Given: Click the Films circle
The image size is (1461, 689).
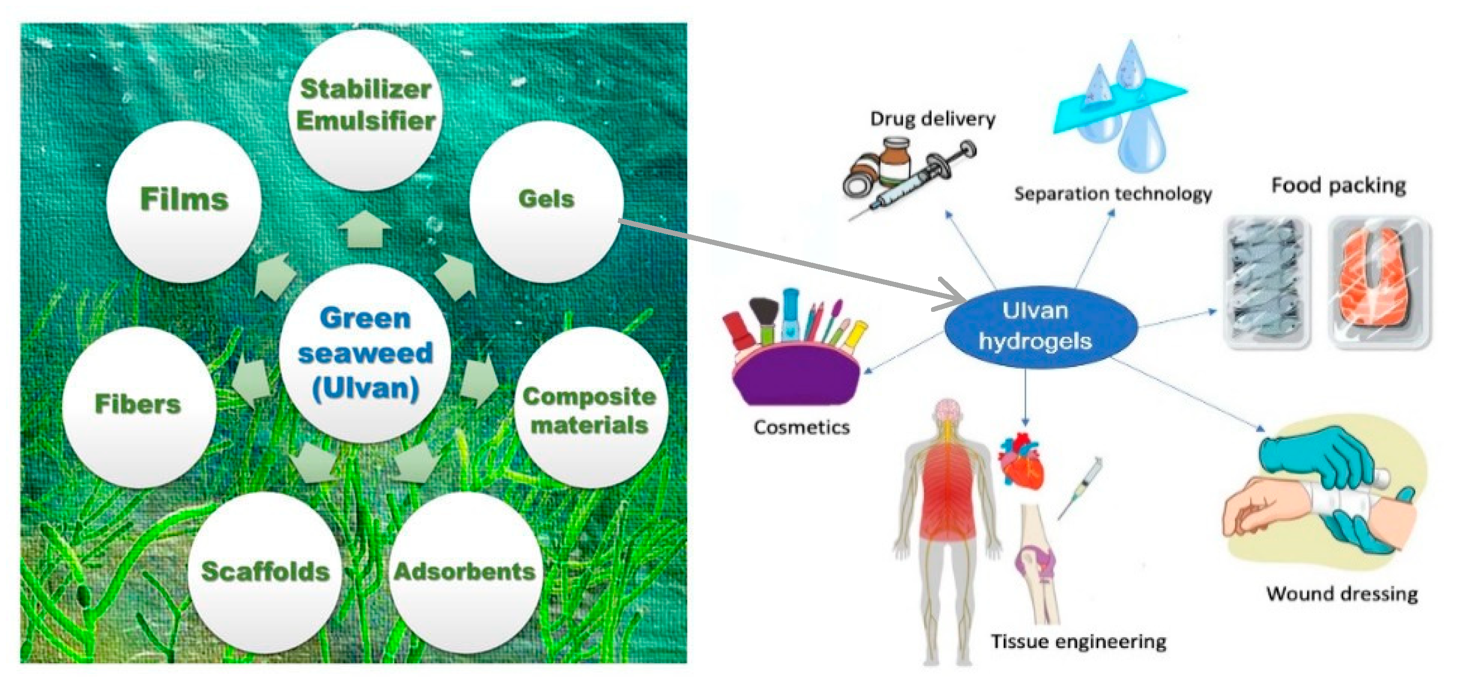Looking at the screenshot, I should pyautogui.click(x=184, y=201).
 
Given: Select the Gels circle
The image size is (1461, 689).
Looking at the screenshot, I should pyautogui.click(x=545, y=201).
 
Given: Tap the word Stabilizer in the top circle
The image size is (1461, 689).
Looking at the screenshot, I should pyautogui.click(x=365, y=89).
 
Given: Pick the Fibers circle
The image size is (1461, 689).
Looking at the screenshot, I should pyautogui.click(x=138, y=405).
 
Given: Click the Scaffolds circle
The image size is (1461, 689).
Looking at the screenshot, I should pyautogui.click(x=265, y=572).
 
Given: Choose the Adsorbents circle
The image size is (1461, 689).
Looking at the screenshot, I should pyautogui.click(x=465, y=572).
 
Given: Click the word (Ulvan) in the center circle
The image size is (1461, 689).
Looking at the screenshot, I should pyautogui.click(x=365, y=389).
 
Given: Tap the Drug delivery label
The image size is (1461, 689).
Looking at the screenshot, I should pyautogui.click(x=933, y=119).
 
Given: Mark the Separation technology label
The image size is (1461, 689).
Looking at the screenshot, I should pyautogui.click(x=1113, y=194).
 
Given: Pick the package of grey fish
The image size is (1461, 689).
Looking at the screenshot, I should pyautogui.click(x=1267, y=282).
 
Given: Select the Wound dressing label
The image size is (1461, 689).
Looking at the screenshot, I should pyautogui.click(x=1342, y=594).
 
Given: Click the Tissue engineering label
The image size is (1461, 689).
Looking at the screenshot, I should pyautogui.click(x=1078, y=642).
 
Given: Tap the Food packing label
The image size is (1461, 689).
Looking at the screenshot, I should pyautogui.click(x=1339, y=186).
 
